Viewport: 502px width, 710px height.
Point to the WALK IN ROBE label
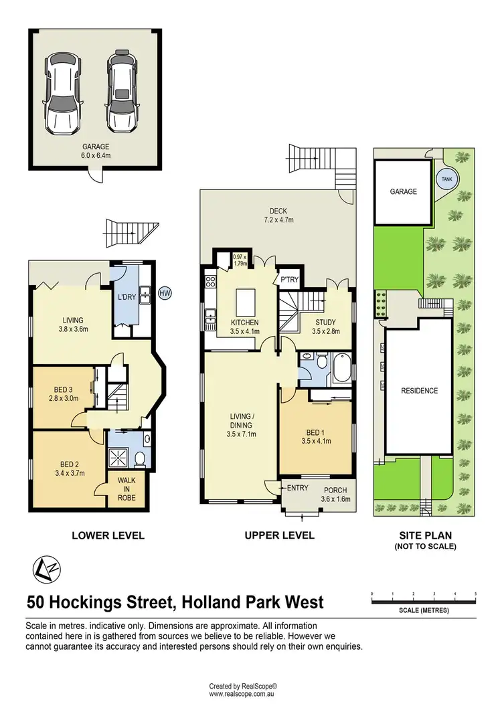coord(127,489)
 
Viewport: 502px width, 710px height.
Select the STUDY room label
coord(326,322)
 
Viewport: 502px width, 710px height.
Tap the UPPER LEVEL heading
coord(278,535)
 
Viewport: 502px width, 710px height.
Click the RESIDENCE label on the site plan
coord(419,391)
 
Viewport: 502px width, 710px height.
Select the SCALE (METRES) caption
coord(424,611)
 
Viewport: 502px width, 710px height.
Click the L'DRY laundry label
coord(127,296)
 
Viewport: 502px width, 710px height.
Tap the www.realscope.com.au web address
coord(243,694)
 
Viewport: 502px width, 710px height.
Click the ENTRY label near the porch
coord(297,488)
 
